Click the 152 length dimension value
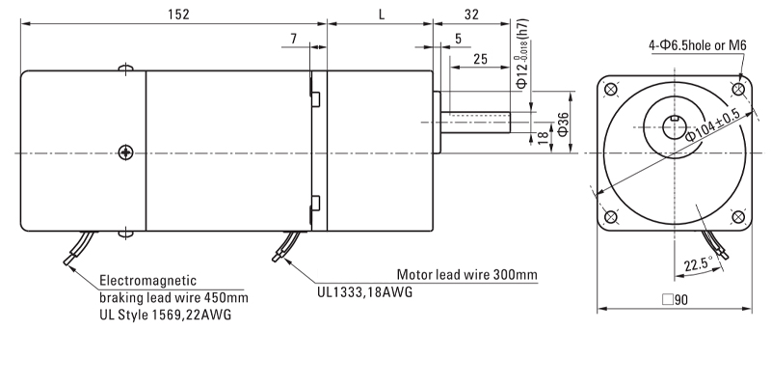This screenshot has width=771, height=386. pos(176,14)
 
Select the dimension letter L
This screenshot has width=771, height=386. pos(382,14)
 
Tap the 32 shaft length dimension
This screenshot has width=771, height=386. pos(471,14)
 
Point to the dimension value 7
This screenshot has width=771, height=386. pos(292,38)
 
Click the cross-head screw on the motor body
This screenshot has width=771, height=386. pos(125,152)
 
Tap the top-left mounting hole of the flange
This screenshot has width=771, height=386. pos(610,91)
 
